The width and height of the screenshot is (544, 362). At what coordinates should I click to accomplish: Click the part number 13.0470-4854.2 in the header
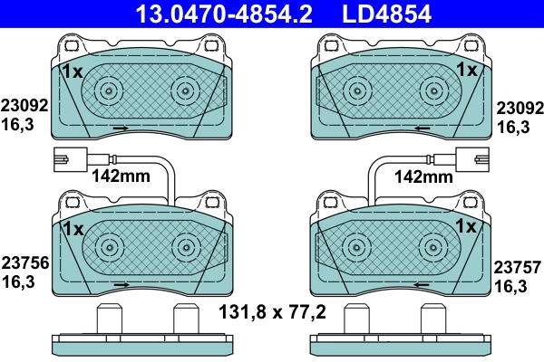point(211,14)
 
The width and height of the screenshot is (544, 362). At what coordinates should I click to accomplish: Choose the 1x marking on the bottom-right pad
point(466,226)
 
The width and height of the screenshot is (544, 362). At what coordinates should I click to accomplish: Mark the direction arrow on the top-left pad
point(119,129)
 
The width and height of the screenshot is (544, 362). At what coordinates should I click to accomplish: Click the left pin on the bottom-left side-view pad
point(109,321)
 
